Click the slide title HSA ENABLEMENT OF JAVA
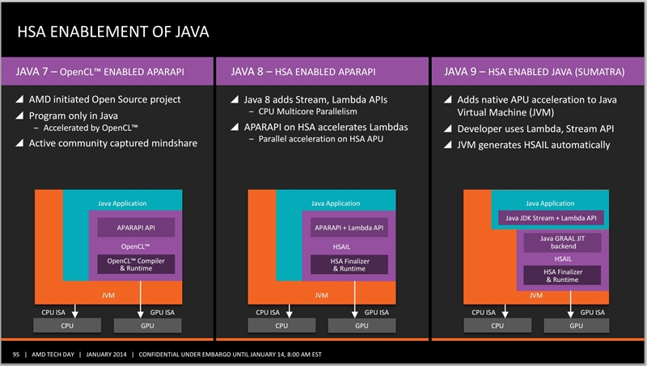[x=112, y=33]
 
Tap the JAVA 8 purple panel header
[x=323, y=72]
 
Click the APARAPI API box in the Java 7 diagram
[x=125, y=229]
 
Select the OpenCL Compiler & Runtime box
[x=125, y=263]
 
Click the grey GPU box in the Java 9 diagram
[x=576, y=325]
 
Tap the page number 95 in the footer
[x=16, y=354]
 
